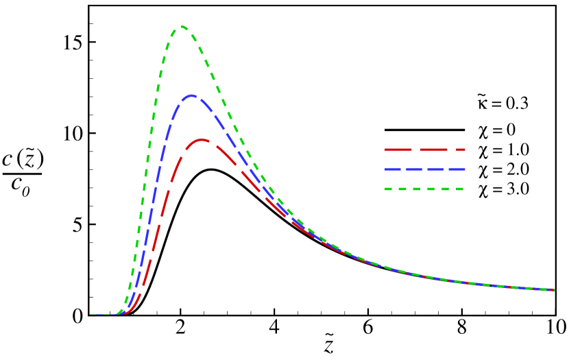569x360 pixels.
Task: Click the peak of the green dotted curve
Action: click(183, 27)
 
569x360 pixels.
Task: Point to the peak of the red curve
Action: click(202, 140)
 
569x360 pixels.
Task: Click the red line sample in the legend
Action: click(424, 149)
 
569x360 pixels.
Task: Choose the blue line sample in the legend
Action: click(424, 169)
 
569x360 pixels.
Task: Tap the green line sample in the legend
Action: click(424, 189)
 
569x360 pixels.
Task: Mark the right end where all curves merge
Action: click(552, 289)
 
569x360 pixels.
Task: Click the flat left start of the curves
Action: click(99, 315)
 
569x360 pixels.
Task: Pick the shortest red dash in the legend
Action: click(461, 149)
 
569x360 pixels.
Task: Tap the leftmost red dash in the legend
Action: click(398, 149)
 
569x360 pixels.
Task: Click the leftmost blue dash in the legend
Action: click(392, 169)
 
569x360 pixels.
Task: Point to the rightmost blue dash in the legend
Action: click(457, 169)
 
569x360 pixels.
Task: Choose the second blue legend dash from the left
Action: click(414, 169)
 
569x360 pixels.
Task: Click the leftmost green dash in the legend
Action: click(388, 189)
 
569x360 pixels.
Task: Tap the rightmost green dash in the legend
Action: click(459, 189)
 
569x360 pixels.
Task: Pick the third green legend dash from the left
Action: click(417, 189)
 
